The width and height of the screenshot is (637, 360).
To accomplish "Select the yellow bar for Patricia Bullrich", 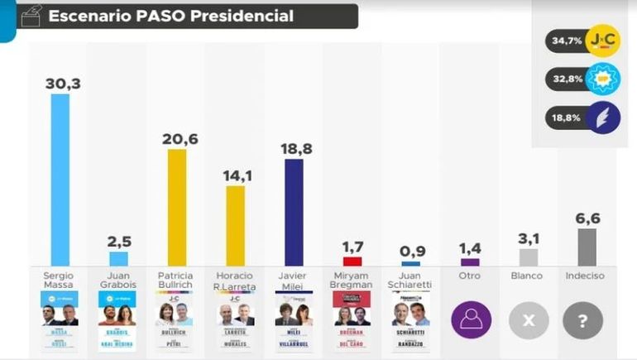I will (x=177, y=207).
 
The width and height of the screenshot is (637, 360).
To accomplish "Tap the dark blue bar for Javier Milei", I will (x=294, y=212).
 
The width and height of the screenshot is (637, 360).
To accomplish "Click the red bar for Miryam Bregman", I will (x=352, y=262).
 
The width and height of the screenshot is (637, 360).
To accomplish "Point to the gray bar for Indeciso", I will (x=587, y=247).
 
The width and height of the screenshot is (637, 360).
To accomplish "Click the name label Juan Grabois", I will (x=119, y=280).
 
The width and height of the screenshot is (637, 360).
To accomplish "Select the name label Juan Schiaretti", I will (x=411, y=280).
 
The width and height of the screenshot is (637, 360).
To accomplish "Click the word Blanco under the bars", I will (x=528, y=276).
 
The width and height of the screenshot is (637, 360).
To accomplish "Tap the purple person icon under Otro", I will (x=470, y=321).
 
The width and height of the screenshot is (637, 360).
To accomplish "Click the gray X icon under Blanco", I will (x=528, y=321).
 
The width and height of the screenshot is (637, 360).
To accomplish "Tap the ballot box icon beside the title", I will (x=30, y=15).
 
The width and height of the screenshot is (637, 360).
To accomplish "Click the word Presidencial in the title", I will (x=242, y=16).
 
